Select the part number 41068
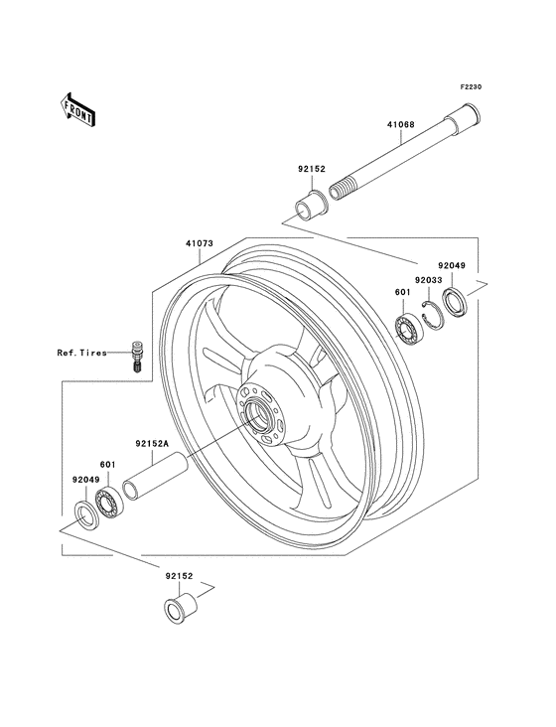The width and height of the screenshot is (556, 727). [400, 126]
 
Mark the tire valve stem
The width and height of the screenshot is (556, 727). [136, 356]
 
